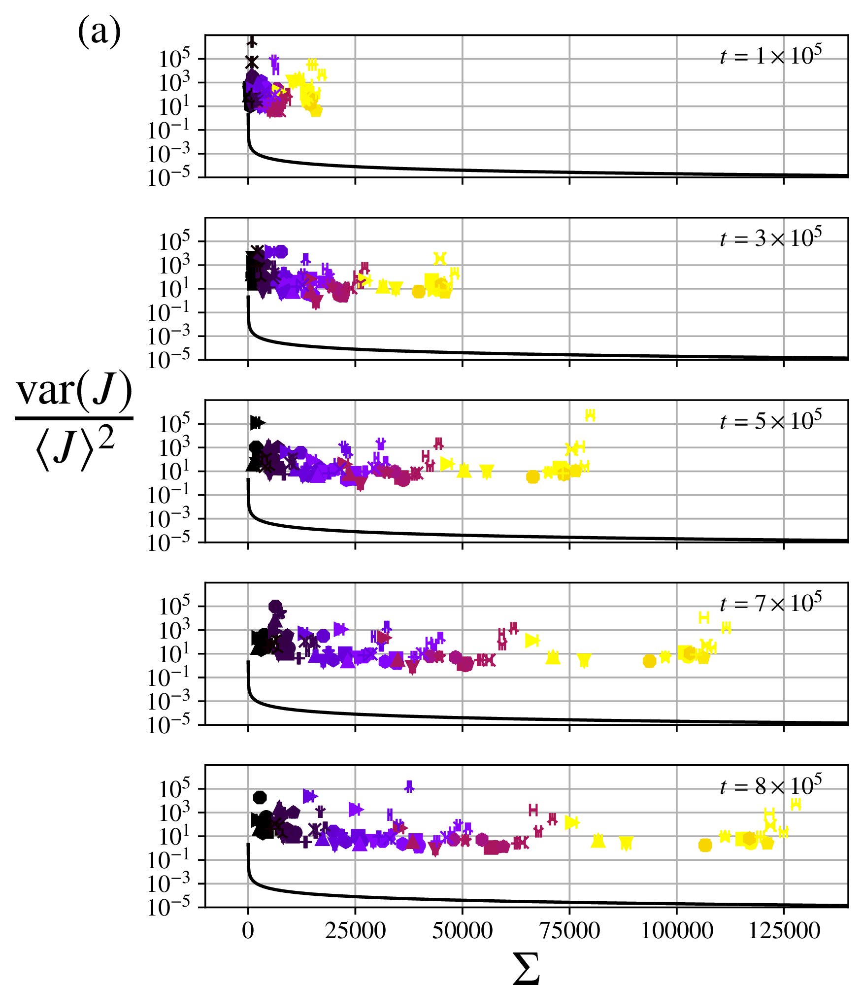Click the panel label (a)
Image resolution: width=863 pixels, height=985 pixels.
tap(99, 32)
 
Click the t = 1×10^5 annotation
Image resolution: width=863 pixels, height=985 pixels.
tap(771, 56)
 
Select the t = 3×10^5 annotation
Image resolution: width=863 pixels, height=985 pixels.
tap(771, 238)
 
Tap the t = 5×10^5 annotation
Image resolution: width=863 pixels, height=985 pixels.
tap(771, 420)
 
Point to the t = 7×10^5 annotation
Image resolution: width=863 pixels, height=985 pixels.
tap(771, 603)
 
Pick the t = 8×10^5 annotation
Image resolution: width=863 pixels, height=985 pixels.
tap(771, 785)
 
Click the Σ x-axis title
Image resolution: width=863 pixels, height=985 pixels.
tap(526, 968)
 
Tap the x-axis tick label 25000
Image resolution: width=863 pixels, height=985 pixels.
tap(355, 931)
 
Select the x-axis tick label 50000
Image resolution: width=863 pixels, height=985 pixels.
tap(463, 931)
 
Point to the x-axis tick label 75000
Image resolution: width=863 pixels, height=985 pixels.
tap(569, 931)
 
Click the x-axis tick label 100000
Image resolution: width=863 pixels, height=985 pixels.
tap(677, 931)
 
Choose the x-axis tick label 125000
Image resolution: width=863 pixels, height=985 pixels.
tap(784, 931)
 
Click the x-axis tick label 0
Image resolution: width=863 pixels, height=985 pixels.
tap(248, 931)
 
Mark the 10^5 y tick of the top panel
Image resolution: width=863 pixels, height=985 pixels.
tap(174, 60)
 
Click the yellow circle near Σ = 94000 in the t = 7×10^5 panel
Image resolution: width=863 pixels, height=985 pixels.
tap(650, 661)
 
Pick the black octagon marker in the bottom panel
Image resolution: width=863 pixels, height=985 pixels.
tap(260, 797)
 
